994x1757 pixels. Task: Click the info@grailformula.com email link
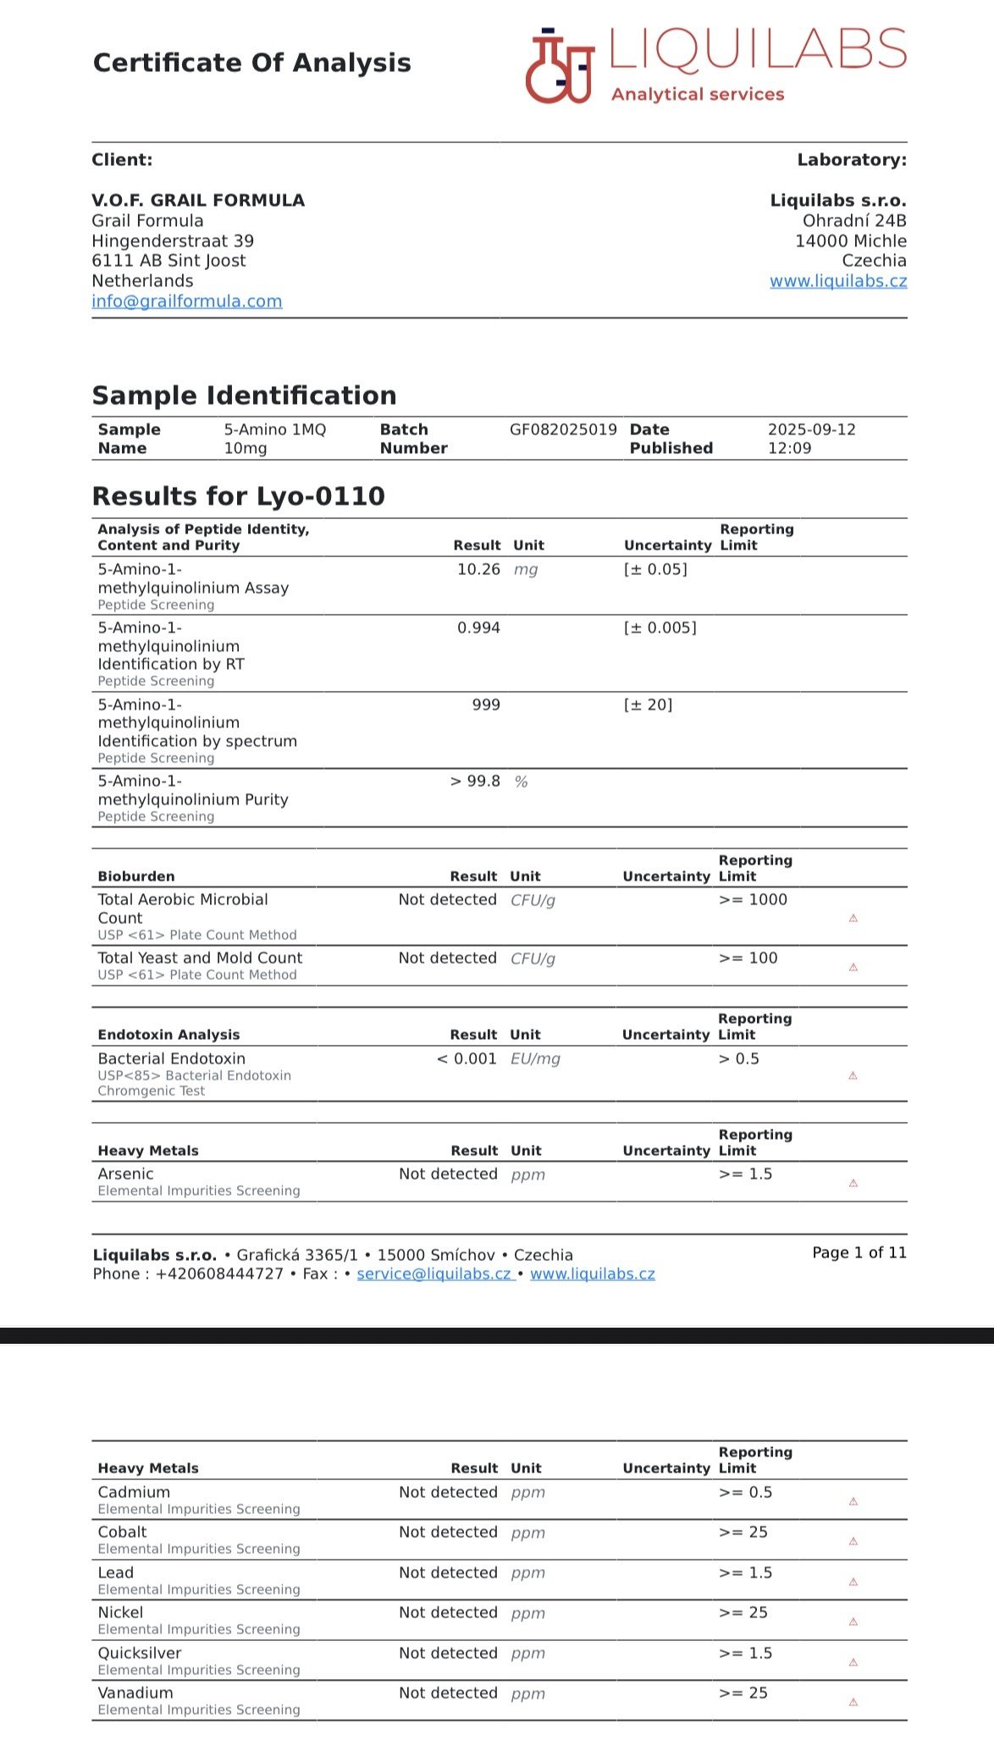pos(186,301)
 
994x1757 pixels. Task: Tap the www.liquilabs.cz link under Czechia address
pos(837,281)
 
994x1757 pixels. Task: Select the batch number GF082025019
pos(563,430)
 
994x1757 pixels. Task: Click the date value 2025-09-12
pos(811,430)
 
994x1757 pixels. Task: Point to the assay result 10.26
pos(478,570)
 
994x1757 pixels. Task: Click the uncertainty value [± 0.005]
pos(660,628)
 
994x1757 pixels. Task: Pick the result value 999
pos(486,704)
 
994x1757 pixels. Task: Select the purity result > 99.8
pos(475,782)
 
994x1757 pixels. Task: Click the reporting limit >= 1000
pos(753,900)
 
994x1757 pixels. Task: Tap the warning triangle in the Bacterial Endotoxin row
pos(853,1076)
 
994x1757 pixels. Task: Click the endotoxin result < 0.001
pos(467,1059)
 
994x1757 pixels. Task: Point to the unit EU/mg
pos(535,1059)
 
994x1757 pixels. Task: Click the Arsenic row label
pos(125,1174)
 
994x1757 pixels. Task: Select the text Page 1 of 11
pos(859,1253)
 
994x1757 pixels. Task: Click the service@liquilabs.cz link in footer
pos(434,1274)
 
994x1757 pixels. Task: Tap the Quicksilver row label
pos(139,1654)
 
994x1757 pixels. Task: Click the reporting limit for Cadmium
pos(745,1493)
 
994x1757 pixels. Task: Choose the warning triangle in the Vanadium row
pos(853,1702)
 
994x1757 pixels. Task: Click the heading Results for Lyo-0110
pos(238,496)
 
